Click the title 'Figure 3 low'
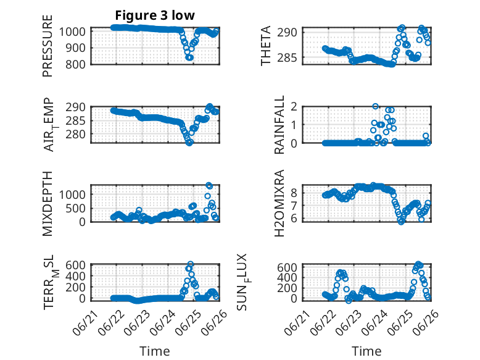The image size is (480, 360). (155, 15)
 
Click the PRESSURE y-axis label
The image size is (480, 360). (48, 46)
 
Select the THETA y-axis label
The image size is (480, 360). (266, 46)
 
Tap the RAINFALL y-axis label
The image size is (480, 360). (279, 125)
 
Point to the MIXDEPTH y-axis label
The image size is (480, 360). (48, 204)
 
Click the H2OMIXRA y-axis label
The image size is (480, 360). (279, 203)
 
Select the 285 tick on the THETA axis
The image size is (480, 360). (287, 57)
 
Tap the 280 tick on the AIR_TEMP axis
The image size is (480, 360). (76, 134)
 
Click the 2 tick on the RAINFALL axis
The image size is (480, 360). (294, 107)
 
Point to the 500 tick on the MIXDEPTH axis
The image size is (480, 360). (76, 208)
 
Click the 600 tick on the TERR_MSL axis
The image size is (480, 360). (76, 265)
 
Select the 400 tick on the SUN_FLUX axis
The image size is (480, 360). (287, 278)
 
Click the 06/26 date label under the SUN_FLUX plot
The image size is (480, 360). (425, 322)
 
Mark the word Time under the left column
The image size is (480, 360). (155, 351)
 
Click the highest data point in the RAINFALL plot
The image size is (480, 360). (375, 106)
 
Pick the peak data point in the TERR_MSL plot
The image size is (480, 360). (191, 264)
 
